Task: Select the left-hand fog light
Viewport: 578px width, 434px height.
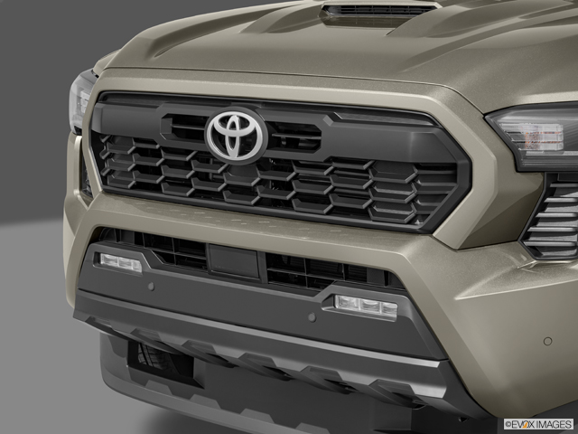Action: (x=120, y=262)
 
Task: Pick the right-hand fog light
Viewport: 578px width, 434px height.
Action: (x=366, y=306)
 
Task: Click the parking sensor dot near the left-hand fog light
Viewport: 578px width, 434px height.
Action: (x=151, y=286)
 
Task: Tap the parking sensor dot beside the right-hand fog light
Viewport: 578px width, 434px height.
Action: (x=312, y=317)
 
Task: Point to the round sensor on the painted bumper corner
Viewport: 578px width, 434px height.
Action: (x=548, y=341)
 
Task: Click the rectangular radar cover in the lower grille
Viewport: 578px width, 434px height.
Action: (x=233, y=261)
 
